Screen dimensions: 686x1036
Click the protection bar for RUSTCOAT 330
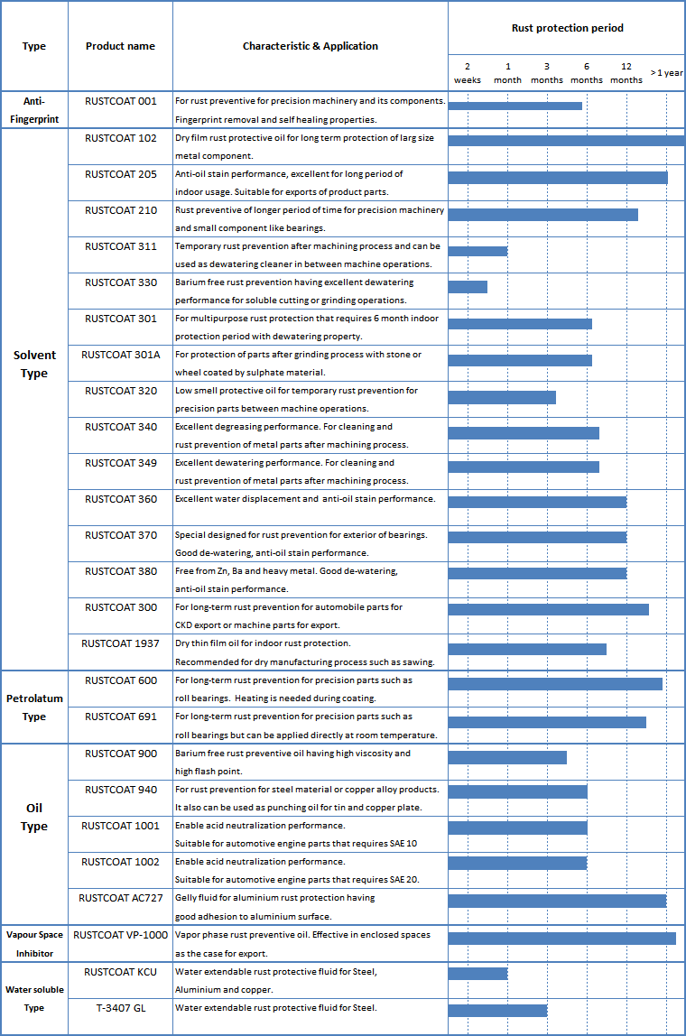[x=468, y=287]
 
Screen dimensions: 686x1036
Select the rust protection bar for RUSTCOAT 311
[x=477, y=251]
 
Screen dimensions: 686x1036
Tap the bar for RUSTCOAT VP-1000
[x=561, y=939]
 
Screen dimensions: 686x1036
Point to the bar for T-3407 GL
[x=497, y=1010]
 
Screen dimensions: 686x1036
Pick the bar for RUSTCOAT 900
[x=507, y=757]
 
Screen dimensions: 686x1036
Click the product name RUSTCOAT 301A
[x=120, y=355]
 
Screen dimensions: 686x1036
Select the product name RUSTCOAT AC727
[x=120, y=898]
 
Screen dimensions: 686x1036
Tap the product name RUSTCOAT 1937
[x=120, y=643]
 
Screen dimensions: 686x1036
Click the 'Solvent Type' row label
[x=34, y=364]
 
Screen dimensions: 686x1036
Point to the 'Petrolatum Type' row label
[x=34, y=708]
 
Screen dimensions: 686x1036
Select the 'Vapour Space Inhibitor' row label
[x=34, y=944]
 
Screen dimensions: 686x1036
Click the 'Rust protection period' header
[x=568, y=28]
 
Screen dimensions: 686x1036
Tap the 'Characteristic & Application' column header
[x=311, y=46]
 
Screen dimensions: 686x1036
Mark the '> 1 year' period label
[x=667, y=73]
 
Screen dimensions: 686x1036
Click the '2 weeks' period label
[x=468, y=73]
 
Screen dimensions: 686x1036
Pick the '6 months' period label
[x=587, y=73]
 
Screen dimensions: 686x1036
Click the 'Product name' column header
[x=120, y=46]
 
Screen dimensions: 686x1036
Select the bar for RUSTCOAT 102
[x=566, y=140]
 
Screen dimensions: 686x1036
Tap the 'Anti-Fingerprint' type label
[x=34, y=110]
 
